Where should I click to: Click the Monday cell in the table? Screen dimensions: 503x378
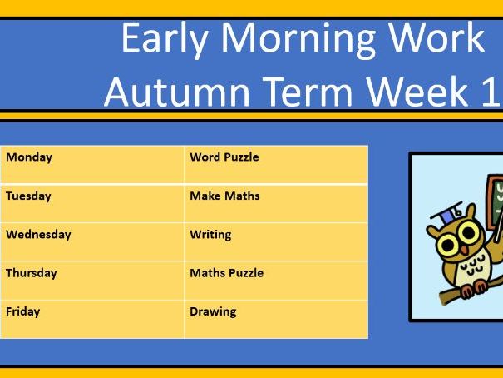click(x=92, y=164)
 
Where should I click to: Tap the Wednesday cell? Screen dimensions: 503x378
click(x=92, y=242)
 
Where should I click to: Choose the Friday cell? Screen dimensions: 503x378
click(x=92, y=319)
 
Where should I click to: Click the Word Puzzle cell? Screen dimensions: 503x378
click(x=276, y=164)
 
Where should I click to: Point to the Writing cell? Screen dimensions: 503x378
click(x=276, y=242)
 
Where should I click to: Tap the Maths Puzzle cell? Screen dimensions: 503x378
click(x=276, y=281)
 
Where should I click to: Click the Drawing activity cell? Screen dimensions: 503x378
click(x=276, y=319)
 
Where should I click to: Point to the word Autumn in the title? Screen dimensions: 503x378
click(x=177, y=92)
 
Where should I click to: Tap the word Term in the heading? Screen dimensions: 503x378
click(x=308, y=92)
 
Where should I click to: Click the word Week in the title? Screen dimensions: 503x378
click(x=417, y=92)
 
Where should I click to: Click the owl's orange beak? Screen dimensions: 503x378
click(x=464, y=250)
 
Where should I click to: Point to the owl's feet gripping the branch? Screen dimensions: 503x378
click(x=475, y=288)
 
